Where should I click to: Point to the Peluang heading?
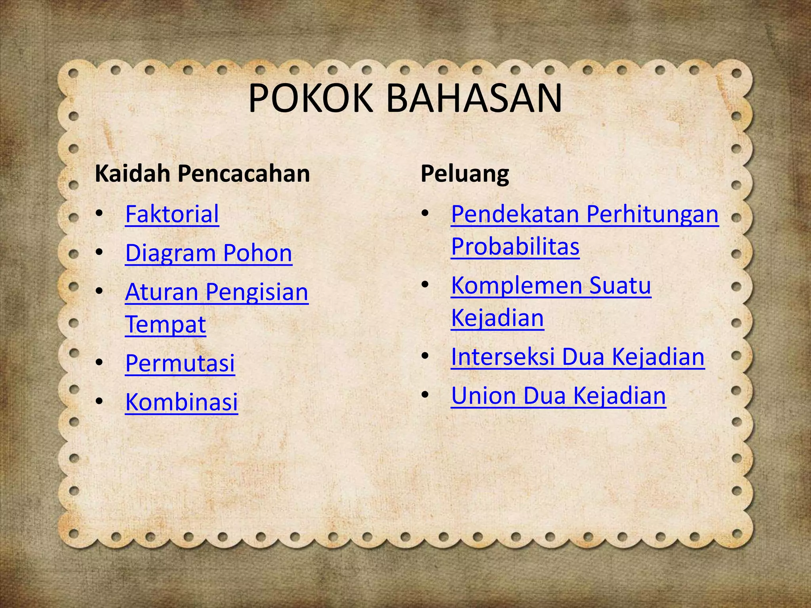click(x=465, y=174)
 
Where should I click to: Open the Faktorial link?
click(x=172, y=214)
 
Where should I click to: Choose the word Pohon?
click(x=257, y=253)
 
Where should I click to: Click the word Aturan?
click(x=162, y=292)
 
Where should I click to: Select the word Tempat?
click(x=166, y=325)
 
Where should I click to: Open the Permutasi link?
click(x=180, y=363)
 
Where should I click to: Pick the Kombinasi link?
click(x=181, y=402)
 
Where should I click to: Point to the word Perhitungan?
click(x=652, y=215)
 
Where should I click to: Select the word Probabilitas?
click(x=515, y=247)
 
